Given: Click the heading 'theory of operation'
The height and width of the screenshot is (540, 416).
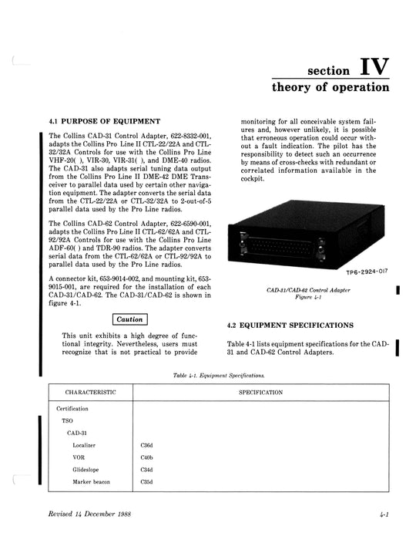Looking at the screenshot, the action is point(330,87).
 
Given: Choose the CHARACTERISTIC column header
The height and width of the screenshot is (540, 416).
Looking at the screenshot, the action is point(90,393).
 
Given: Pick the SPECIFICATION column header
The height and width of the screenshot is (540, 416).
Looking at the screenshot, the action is point(260,393).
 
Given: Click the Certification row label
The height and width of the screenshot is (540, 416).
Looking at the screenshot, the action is point(72,408).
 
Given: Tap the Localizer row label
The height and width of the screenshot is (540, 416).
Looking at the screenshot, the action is point(85,445).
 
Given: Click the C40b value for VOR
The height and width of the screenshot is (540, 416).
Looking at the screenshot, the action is point(146,457).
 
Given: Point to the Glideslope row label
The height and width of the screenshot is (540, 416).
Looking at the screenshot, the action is point(86,470).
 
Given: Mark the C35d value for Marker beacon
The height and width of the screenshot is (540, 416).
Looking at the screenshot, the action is point(146,482).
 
